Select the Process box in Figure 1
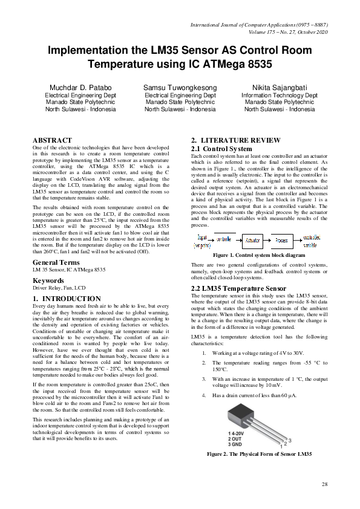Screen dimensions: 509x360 click(x=280, y=240)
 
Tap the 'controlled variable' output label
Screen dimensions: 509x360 click(x=311, y=241)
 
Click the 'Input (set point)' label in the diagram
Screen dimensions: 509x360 click(x=202, y=241)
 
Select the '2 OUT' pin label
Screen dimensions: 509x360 click(x=235, y=439)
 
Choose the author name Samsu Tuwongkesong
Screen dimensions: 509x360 click(x=180, y=88)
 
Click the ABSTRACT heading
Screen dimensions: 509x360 click(x=52, y=140)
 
